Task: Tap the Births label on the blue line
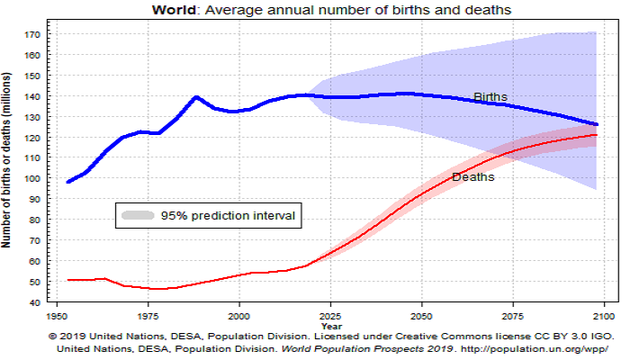coord(490,97)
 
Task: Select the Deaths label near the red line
coord(472,176)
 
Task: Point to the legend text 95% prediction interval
coord(228,216)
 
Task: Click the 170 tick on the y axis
coord(33,34)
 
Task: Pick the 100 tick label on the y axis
coord(33,178)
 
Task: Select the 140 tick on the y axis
coord(33,96)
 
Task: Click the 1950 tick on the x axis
coord(56,318)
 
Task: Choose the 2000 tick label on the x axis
coord(238,318)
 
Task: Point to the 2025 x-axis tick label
coord(329,318)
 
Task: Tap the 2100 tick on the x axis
coord(603,318)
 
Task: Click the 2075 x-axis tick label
coord(512,318)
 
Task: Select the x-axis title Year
coord(329,328)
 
